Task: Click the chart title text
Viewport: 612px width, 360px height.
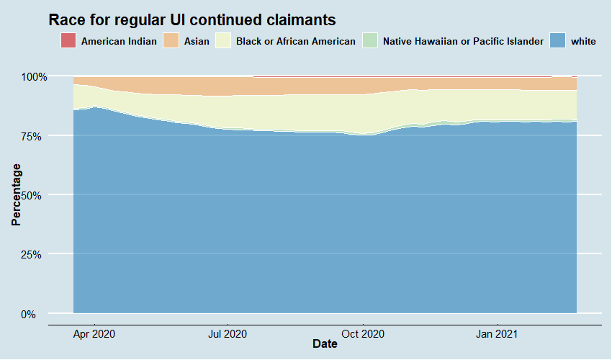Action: (x=192, y=19)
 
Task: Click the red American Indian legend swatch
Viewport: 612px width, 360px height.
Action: (x=68, y=41)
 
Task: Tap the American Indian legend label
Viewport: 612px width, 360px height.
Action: (x=119, y=41)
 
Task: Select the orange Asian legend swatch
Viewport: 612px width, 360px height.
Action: (x=173, y=41)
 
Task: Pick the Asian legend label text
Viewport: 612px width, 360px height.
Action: (x=197, y=41)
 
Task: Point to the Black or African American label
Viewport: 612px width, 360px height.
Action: (x=295, y=41)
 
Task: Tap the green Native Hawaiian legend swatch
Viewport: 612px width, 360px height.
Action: (x=370, y=41)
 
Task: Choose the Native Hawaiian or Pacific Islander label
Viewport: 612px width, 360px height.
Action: (x=463, y=41)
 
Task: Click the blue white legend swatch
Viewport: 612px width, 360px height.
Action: (x=558, y=41)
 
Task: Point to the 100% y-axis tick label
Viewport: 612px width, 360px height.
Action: (x=34, y=76)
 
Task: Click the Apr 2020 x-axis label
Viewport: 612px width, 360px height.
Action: (x=94, y=334)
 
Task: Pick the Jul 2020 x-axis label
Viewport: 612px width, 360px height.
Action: (x=228, y=334)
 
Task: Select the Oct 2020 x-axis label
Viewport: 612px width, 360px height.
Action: (x=363, y=334)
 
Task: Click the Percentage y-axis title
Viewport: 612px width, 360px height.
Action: (x=16, y=194)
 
